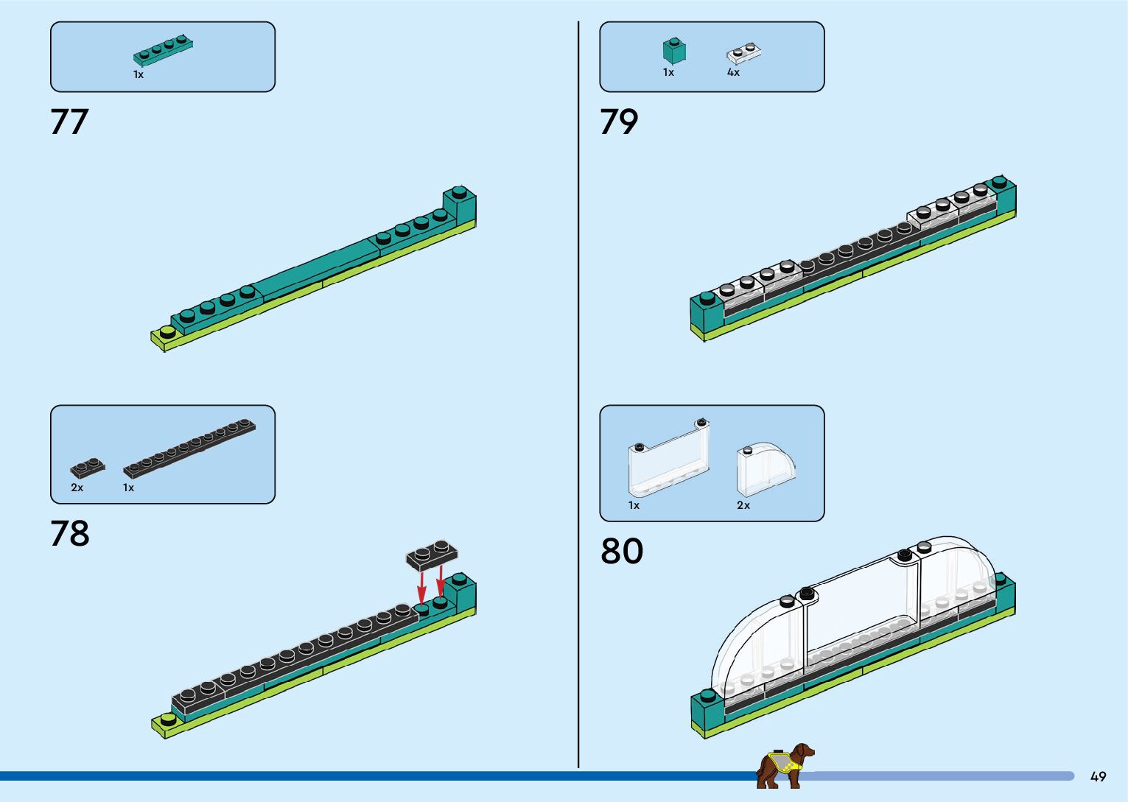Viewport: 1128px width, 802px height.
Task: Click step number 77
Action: [69, 122]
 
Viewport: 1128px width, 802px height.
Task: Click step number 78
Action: [70, 534]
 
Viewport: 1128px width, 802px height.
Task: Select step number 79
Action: [619, 122]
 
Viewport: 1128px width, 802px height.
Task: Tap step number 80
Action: [622, 551]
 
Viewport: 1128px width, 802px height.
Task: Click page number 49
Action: [1098, 777]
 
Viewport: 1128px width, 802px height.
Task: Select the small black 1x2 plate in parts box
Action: [88, 468]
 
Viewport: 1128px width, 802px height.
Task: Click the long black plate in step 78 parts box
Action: [189, 448]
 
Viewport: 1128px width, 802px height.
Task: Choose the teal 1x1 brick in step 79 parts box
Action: [673, 51]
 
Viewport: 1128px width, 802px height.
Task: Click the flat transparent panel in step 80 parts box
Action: [669, 458]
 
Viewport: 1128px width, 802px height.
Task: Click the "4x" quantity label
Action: [733, 73]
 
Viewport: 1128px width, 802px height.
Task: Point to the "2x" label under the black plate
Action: [77, 488]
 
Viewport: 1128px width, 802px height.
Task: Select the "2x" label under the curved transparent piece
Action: [743, 505]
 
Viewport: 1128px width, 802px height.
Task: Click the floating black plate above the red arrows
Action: [432, 555]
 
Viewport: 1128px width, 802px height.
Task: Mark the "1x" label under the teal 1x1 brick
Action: [668, 73]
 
